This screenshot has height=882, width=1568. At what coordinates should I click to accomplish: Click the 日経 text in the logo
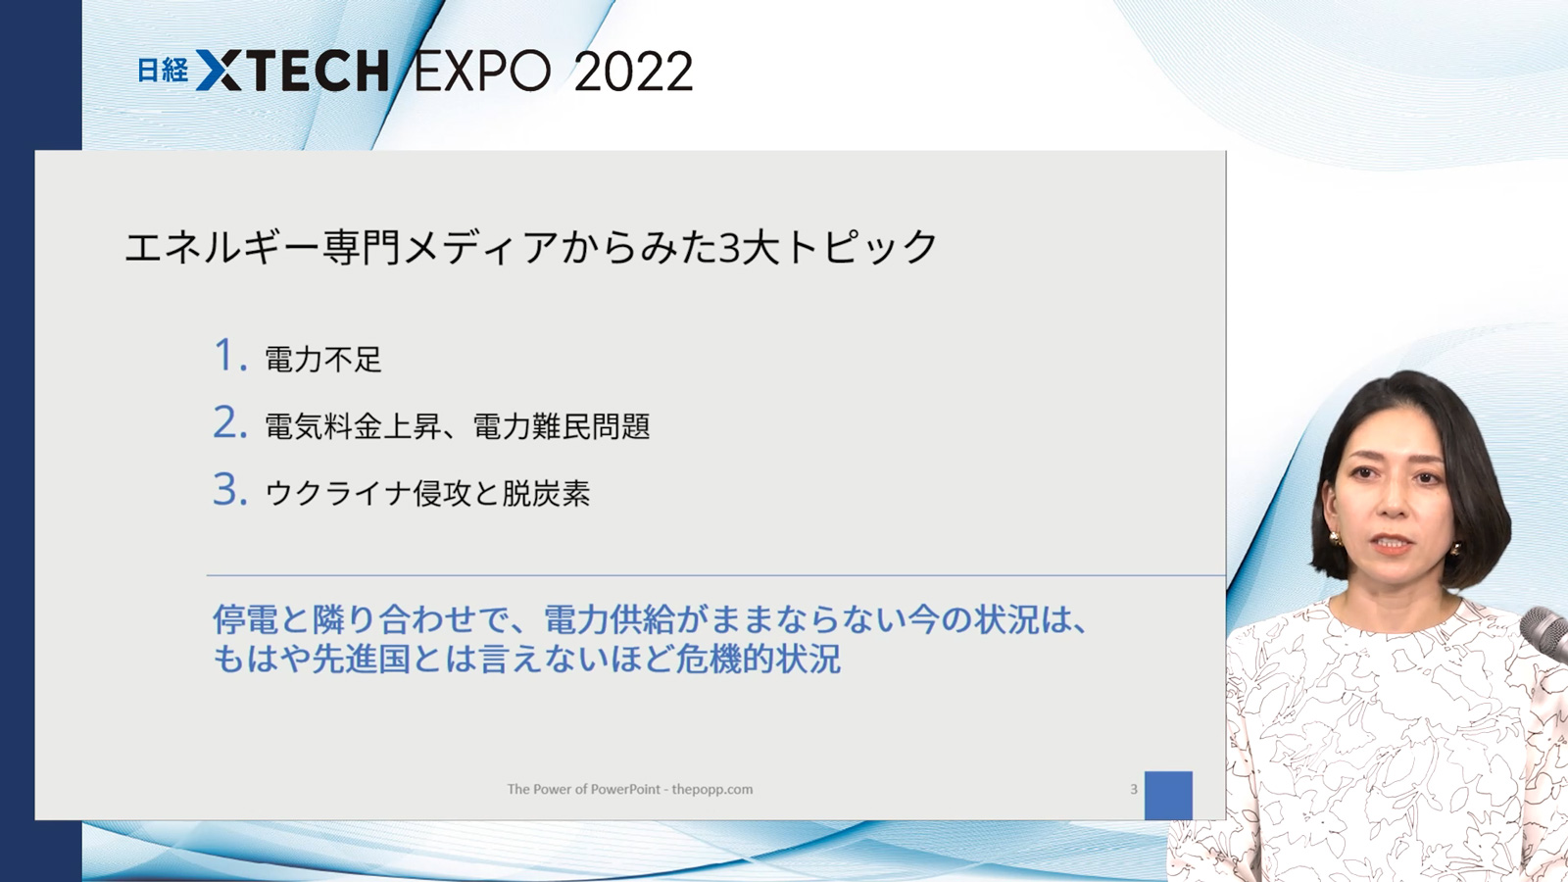[163, 70]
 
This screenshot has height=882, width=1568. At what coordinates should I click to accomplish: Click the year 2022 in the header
[633, 72]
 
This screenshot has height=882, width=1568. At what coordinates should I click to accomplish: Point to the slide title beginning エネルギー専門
[530, 247]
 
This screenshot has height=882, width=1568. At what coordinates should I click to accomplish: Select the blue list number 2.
[229, 422]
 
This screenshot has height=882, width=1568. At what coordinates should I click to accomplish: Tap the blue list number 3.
[229, 489]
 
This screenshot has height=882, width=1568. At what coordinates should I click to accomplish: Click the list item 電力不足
[323, 359]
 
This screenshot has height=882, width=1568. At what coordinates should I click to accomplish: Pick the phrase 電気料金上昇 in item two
[353, 425]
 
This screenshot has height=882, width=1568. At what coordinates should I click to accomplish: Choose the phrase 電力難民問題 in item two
[562, 425]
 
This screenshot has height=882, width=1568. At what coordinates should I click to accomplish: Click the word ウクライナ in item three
[338, 493]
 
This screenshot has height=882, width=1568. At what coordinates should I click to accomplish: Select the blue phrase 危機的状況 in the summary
[759, 659]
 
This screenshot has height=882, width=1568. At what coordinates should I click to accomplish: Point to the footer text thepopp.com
[711, 790]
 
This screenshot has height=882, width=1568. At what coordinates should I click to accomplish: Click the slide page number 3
[1134, 789]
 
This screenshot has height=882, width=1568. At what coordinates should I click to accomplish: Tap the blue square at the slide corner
[1168, 795]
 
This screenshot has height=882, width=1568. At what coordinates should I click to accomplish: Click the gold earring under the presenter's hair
[1334, 540]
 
